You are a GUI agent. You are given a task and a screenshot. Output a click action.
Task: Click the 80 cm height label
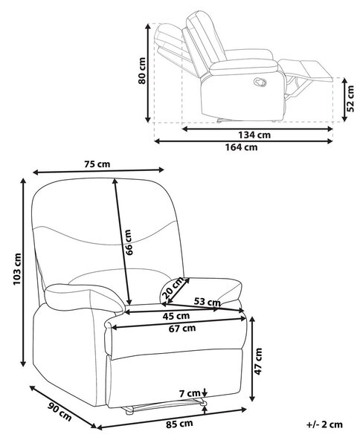(x=142, y=71)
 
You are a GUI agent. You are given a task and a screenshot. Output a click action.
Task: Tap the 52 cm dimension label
(x=351, y=98)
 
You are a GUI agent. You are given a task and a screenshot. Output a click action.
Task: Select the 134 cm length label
(x=254, y=135)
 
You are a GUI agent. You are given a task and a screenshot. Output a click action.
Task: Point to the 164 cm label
(x=241, y=147)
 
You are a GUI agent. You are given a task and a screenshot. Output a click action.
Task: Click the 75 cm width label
(x=97, y=164)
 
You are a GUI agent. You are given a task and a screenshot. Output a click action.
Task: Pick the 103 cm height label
(x=17, y=269)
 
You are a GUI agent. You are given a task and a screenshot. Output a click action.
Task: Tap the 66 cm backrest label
(x=129, y=242)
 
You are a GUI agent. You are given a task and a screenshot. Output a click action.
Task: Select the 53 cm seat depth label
(x=207, y=302)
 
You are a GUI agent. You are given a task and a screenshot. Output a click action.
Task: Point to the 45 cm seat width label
(x=176, y=316)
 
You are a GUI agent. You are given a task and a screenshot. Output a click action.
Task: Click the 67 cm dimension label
(x=182, y=329)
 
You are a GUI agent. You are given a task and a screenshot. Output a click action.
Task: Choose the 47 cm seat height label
(x=258, y=361)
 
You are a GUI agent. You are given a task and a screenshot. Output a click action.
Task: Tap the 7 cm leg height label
(x=190, y=394)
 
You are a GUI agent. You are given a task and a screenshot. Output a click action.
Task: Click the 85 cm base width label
(x=179, y=424)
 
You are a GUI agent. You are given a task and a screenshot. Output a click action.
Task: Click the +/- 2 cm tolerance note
(x=324, y=424)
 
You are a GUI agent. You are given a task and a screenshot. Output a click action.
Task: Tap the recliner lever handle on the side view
(x=260, y=83)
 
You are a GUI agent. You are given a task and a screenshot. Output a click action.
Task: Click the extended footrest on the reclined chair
(x=306, y=69)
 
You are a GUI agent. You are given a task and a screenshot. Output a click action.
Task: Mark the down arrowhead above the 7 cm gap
(x=205, y=394)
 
